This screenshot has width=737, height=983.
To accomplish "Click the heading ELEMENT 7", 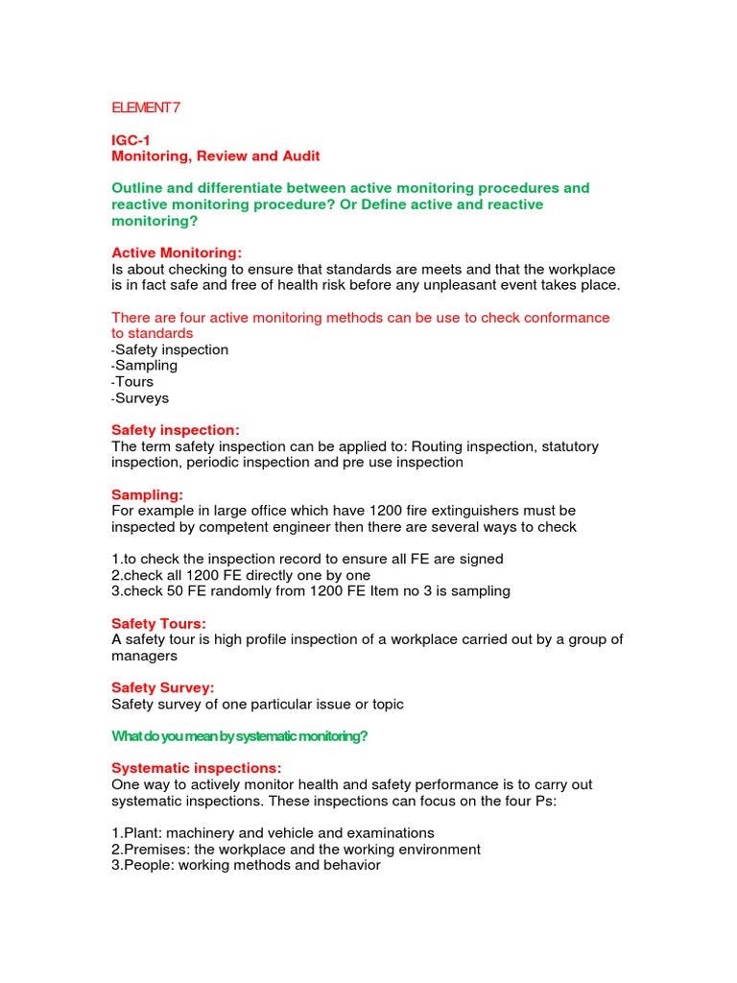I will [x=146, y=108].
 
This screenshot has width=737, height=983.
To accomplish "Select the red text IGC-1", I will [x=131, y=140].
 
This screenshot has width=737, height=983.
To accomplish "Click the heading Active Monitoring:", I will [x=177, y=252].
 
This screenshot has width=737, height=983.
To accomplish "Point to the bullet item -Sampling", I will [x=145, y=366].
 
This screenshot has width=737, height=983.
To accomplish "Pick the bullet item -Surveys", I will [x=140, y=397].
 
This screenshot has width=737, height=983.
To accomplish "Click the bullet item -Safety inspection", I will [x=170, y=349].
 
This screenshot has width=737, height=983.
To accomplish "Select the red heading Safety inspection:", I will [x=176, y=430].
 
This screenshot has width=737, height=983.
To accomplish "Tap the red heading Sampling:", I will [x=147, y=494].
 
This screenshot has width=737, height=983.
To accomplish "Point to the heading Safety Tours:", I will [x=158, y=624].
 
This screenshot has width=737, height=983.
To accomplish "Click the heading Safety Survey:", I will [x=162, y=687].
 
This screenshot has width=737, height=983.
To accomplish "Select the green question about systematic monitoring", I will [x=240, y=736].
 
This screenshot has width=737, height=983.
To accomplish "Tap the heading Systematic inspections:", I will [x=196, y=768].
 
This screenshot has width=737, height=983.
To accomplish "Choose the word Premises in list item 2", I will [x=156, y=850].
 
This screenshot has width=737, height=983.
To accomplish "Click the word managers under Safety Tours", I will [x=144, y=656].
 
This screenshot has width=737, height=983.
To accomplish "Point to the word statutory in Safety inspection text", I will [x=565, y=446].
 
